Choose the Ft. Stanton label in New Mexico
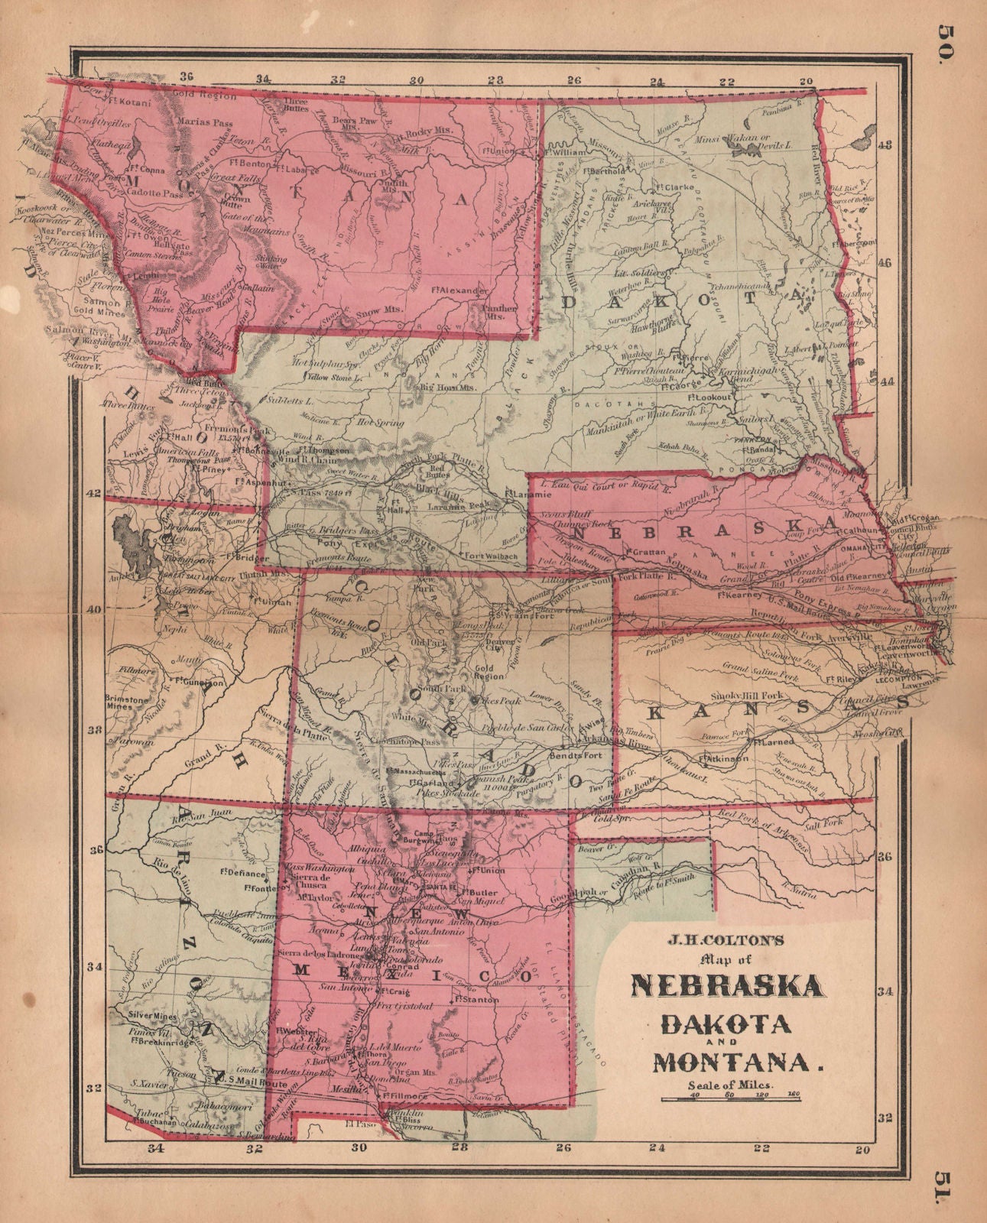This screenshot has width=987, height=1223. tap(471, 998)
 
